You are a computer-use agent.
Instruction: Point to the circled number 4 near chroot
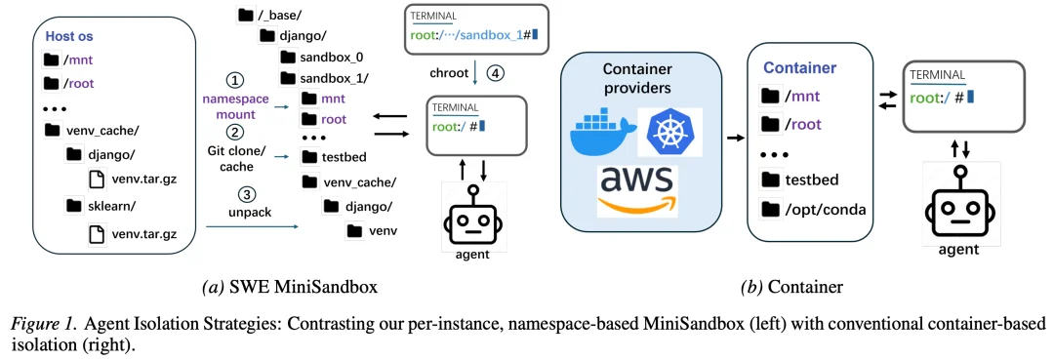(x=495, y=73)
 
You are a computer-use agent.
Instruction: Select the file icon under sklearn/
(x=97, y=233)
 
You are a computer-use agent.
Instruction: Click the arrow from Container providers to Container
(x=729, y=139)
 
